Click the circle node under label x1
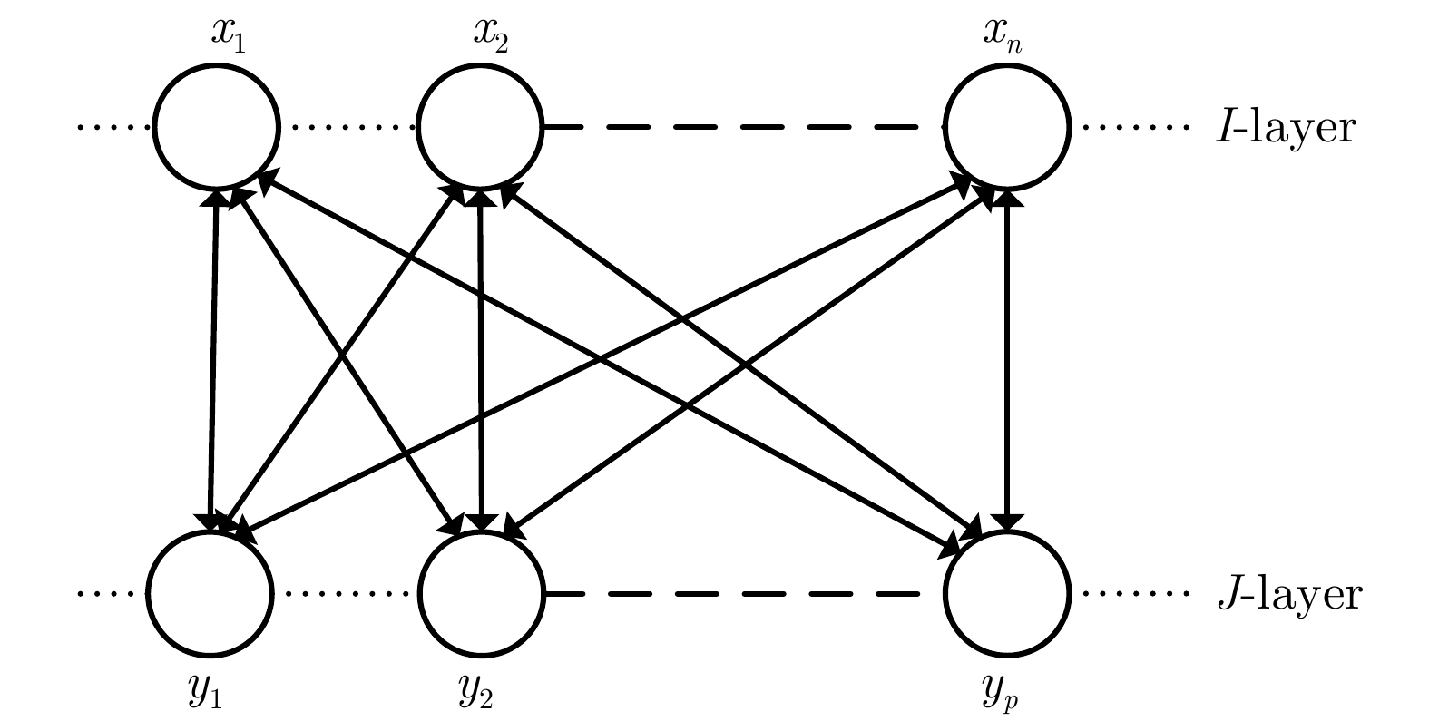[x=217, y=126]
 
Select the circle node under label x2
[x=480, y=126]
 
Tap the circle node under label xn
[x=1007, y=126]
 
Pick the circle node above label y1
[x=210, y=594]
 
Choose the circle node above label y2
[x=481, y=594]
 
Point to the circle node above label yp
[x=1007, y=594]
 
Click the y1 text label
[x=205, y=694]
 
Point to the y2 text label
[x=476, y=694]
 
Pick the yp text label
[x=1003, y=694]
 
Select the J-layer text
[x=1288, y=596]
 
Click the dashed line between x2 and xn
[x=744, y=127]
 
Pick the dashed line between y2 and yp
[x=744, y=595]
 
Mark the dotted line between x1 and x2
[x=348, y=127]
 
